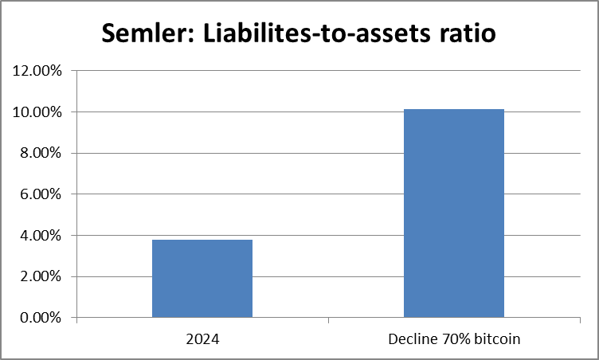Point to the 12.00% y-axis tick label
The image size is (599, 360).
click(x=38, y=71)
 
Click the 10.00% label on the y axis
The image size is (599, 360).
click(x=38, y=112)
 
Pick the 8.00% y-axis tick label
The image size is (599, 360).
click(x=41, y=153)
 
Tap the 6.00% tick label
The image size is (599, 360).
click(x=41, y=194)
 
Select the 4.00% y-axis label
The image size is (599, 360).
click(x=41, y=236)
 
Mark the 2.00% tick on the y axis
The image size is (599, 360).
click(x=41, y=276)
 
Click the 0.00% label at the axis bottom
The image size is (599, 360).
click(x=41, y=318)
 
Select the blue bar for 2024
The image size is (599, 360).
click(x=202, y=279)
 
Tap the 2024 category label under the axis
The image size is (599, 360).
click(x=202, y=338)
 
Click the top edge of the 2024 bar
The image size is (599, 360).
click(x=202, y=240)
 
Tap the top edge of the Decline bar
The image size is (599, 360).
click(x=454, y=109)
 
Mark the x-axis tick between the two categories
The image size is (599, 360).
click(x=328, y=320)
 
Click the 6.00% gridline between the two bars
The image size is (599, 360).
click(x=328, y=194)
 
